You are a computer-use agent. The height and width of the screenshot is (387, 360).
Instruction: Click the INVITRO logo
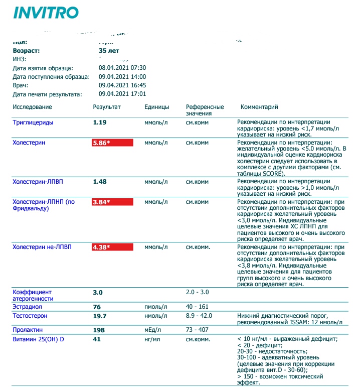coord(46,13)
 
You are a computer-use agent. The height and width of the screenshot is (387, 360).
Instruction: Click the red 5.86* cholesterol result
coord(112,143)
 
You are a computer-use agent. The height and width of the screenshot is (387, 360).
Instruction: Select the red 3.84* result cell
coord(112,202)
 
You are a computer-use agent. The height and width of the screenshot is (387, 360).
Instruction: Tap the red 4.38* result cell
coord(112,247)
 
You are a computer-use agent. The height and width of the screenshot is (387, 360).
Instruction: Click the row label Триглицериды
coord(33,122)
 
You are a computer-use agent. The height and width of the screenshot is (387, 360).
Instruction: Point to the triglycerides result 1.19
coord(100,122)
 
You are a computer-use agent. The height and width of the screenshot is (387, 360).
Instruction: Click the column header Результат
coord(107,107)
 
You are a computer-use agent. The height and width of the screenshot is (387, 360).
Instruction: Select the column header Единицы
coord(156,107)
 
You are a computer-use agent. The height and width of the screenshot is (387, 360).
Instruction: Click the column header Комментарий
coord(259,107)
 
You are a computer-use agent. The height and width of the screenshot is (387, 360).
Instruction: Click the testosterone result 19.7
coord(100,316)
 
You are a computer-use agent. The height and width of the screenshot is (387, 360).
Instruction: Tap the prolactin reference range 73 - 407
coord(198,330)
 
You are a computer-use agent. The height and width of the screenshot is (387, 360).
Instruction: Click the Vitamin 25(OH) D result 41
coord(97,339)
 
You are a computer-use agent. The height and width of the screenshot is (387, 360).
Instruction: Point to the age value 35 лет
coord(109,51)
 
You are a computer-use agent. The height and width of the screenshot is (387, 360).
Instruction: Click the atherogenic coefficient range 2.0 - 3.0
coord(198,292)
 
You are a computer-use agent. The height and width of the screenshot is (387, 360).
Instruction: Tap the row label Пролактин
coord(28,330)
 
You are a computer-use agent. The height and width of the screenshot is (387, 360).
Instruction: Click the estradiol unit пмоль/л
coord(156,307)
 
